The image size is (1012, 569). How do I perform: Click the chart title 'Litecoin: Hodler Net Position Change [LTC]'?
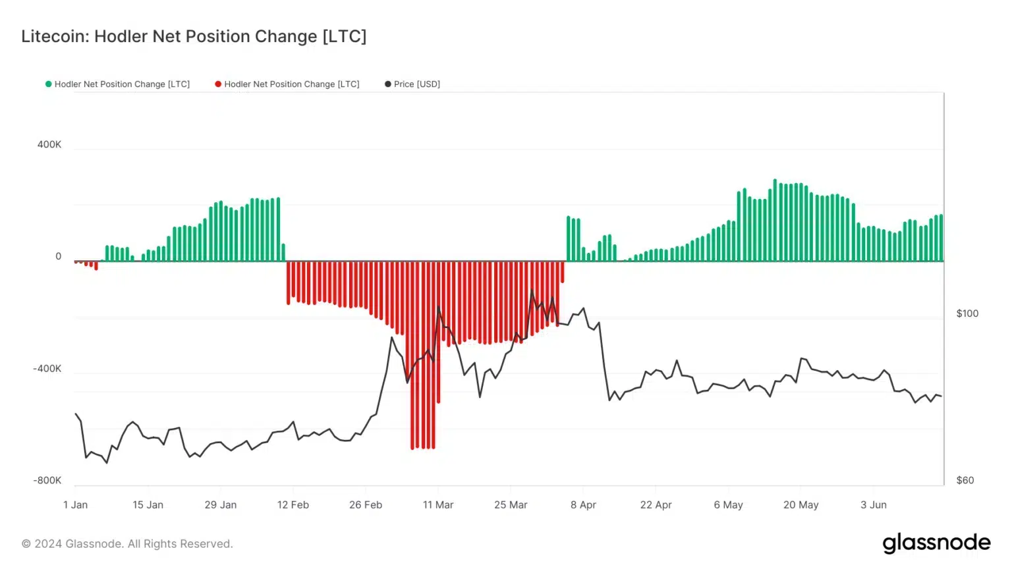[194, 36]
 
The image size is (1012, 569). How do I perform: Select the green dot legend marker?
[48, 84]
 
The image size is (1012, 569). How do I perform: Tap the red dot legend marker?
[218, 84]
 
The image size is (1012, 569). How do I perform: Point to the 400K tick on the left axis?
[49, 145]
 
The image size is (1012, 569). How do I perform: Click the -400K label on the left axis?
[47, 369]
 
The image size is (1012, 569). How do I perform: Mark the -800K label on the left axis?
[47, 481]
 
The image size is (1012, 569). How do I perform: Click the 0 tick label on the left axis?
[58, 257]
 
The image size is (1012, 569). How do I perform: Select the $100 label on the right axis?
[967, 313]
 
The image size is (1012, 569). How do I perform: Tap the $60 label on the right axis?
[965, 481]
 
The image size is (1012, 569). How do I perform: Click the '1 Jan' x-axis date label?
[75, 505]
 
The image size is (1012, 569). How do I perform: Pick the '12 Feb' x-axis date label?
[293, 505]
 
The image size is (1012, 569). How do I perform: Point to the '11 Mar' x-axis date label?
[438, 505]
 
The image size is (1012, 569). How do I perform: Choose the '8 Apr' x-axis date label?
[583, 505]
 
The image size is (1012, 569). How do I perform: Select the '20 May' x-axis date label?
[801, 505]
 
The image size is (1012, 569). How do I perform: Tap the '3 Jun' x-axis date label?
[874, 505]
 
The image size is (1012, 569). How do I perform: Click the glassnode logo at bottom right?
[936, 543]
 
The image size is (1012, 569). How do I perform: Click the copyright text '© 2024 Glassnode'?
[127, 544]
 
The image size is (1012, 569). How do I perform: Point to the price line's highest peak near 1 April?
[532, 290]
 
